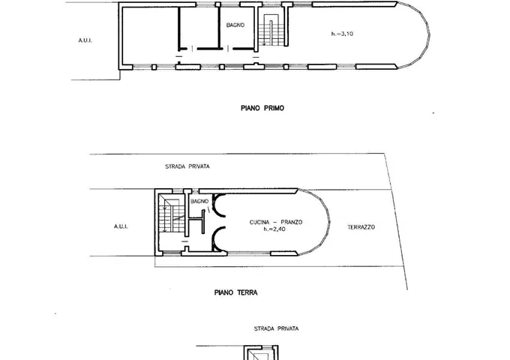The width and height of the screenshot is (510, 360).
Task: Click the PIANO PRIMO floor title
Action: pos(262,108)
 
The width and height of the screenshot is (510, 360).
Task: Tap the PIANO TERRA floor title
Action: pos(235,292)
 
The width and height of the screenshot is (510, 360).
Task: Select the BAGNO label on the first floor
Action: pos(235,25)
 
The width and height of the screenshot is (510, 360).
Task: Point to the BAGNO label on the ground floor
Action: pos(199,201)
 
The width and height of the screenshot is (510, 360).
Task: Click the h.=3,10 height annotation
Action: pos(342,34)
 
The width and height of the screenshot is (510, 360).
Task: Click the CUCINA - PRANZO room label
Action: pos(276,222)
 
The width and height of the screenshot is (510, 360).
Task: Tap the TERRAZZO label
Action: pos(361,227)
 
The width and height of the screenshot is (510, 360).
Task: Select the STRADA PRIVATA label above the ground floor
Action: pos(187,166)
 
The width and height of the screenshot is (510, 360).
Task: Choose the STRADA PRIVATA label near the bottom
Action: pos(276,328)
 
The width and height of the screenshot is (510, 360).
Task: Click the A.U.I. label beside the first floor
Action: pos(85,40)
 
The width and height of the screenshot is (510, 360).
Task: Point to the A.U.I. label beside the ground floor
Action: pos(121,226)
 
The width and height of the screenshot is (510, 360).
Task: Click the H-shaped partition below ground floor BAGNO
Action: pos(196,221)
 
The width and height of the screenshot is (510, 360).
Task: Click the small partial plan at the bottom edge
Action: pos(261,352)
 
